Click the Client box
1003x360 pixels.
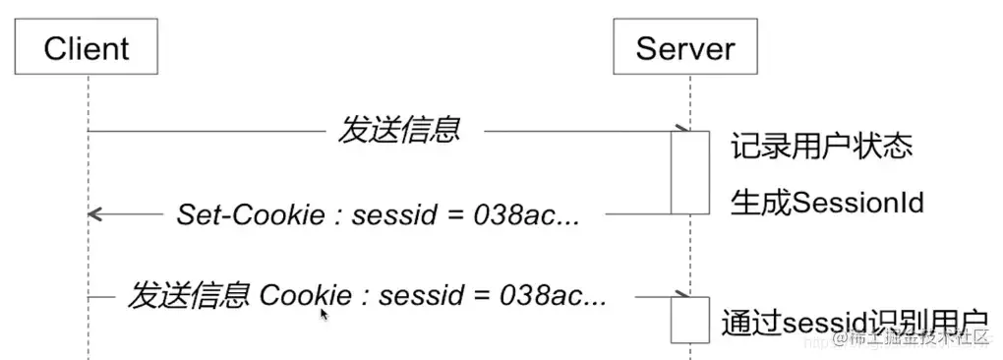(x=87, y=47)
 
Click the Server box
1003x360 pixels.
(x=684, y=47)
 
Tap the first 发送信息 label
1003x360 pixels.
(x=399, y=130)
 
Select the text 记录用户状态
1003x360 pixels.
(x=821, y=147)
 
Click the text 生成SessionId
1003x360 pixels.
(x=826, y=203)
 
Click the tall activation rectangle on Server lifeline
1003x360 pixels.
(x=690, y=172)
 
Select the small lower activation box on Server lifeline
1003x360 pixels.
(x=690, y=319)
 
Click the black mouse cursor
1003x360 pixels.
(x=323, y=315)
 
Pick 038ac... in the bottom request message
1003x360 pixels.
(x=555, y=295)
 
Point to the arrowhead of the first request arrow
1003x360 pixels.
(x=679, y=129)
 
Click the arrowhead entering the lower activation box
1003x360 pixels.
(x=679, y=294)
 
